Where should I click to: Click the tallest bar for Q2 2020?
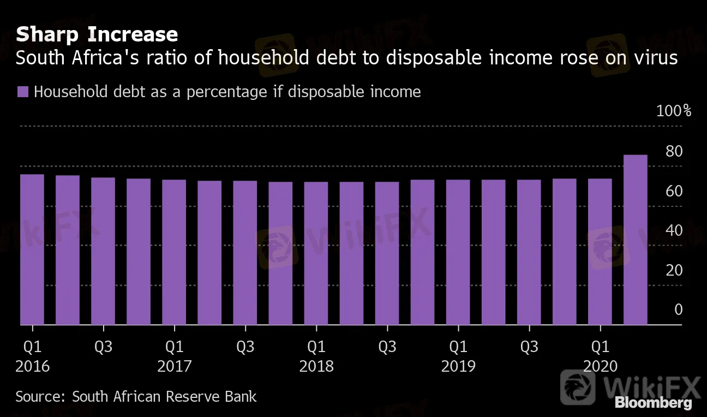[x=635, y=240]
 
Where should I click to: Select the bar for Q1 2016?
[x=32, y=249]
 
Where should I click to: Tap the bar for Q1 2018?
[x=316, y=253]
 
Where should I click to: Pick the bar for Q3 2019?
[x=529, y=252]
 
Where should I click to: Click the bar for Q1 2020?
[x=600, y=252]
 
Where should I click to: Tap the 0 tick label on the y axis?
[x=678, y=309]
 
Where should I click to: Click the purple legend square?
[x=22, y=92]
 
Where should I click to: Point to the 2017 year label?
[x=175, y=366]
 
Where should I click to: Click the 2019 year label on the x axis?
[x=458, y=366]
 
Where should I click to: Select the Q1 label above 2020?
[x=600, y=347]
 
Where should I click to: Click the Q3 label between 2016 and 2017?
[x=103, y=347]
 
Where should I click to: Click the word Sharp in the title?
[x=48, y=35]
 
